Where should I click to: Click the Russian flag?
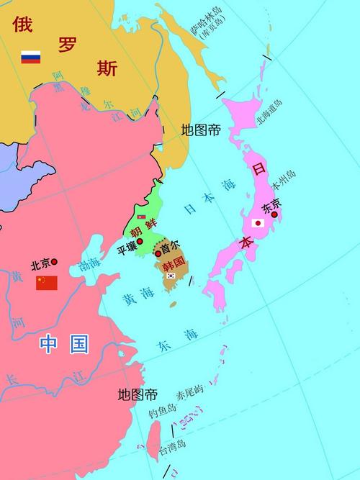coord(30,57)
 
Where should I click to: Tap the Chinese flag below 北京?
coord(47,282)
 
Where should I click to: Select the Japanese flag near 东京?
coord(257,223)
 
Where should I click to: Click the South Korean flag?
coord(171,275)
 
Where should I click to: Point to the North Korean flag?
coord(141,216)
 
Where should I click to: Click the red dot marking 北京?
coord(54,262)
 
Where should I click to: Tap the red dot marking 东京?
coord(274,214)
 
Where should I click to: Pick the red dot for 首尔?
coord(158,253)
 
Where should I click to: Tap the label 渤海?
coord(89,265)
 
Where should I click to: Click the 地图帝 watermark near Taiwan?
coord(138,394)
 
